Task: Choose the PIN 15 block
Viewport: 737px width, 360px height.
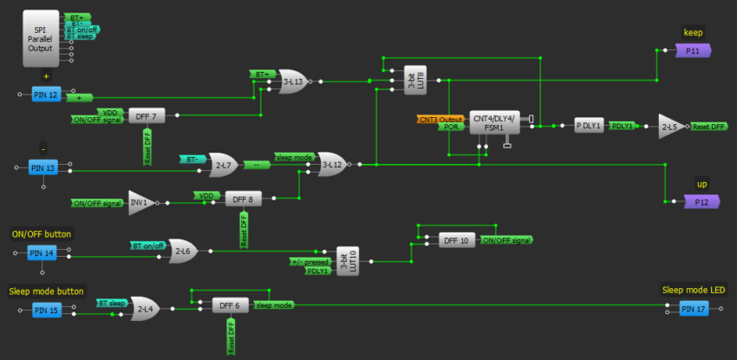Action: point(46,310)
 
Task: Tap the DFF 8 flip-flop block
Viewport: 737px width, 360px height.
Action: point(241,199)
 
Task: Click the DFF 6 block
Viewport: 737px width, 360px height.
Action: point(229,305)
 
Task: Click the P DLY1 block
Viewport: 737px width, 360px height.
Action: point(589,126)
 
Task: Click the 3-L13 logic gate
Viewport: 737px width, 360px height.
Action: point(293,82)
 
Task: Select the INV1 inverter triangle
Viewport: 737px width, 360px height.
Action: point(140,202)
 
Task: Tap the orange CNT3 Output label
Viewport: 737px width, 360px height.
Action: point(440,119)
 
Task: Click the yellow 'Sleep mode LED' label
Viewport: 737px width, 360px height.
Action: point(693,291)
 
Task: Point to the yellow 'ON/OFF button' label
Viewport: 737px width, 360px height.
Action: point(42,234)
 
